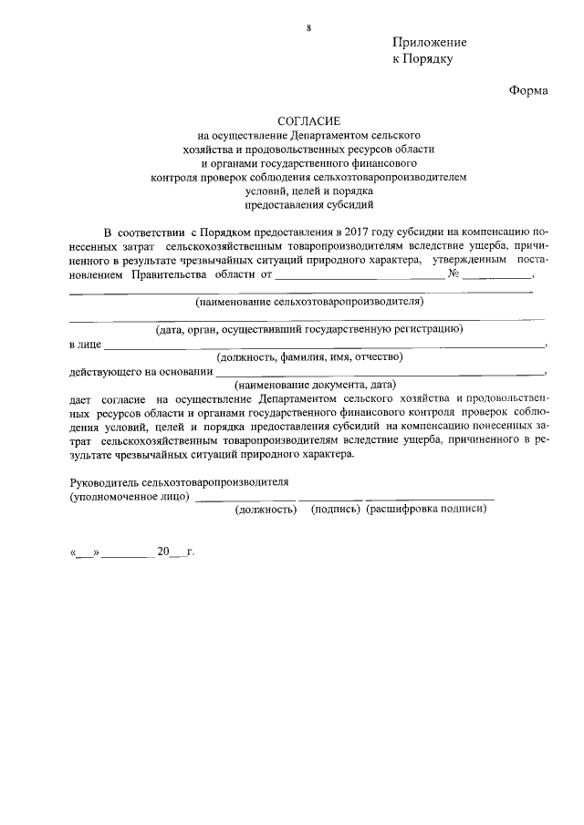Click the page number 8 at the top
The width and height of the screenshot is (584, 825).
pos(308,29)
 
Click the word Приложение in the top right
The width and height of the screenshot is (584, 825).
pos(429,43)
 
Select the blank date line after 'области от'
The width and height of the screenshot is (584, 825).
pos(360,277)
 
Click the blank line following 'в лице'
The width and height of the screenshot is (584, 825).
pos(324,347)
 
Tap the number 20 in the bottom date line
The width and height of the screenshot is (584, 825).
pos(163,552)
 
